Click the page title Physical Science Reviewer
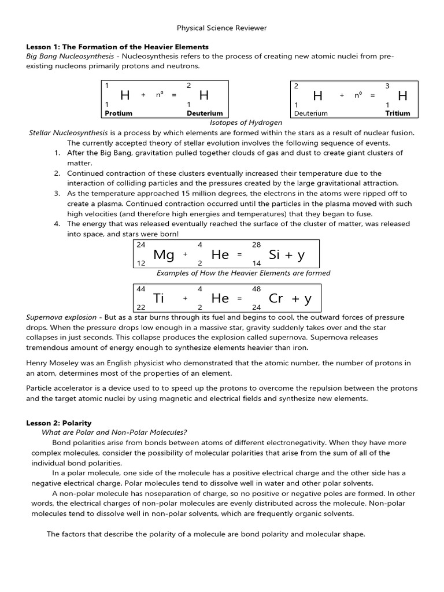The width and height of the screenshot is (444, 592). click(221, 28)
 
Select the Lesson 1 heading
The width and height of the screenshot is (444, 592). click(117, 46)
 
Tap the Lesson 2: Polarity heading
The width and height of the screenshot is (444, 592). click(59, 423)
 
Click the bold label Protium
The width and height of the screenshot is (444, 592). click(119, 113)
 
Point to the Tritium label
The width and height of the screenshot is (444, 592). click(397, 113)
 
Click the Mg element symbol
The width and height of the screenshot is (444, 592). click(164, 254)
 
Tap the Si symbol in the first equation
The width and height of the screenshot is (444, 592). click(275, 254)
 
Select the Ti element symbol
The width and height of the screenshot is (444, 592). click(159, 298)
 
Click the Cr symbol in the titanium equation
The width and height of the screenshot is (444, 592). click(276, 298)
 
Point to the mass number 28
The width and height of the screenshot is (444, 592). click(257, 245)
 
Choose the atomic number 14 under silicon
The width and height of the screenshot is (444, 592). click(257, 263)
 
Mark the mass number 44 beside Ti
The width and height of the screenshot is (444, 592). click(141, 288)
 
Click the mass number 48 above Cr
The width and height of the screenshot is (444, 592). click(257, 288)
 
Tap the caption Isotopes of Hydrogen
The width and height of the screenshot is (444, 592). click(246, 123)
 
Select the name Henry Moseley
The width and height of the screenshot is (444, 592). click(53, 363)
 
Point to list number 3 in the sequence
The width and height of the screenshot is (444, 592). click(57, 194)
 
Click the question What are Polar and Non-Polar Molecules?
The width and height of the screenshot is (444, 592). click(114, 432)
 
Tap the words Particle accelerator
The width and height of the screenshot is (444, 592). click(58, 388)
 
